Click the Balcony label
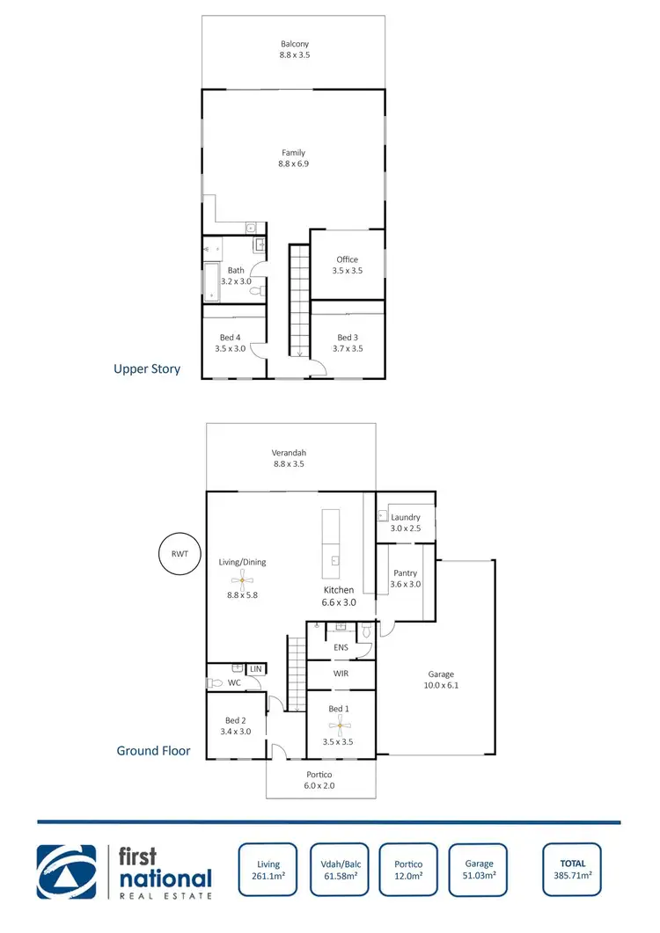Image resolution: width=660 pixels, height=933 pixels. coord(295,49)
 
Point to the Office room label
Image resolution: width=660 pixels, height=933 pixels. coord(347,265)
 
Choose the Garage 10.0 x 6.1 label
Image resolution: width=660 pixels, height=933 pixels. coord(441,681)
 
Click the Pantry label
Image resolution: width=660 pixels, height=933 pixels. coord(406,579)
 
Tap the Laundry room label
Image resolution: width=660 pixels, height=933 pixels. coord(406,522)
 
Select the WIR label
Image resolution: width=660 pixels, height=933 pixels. coord(340,674)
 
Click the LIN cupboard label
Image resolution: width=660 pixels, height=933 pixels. coord(256,670)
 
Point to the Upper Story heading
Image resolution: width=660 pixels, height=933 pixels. coord(147,368)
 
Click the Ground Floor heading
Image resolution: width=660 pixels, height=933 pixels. coord(153,751)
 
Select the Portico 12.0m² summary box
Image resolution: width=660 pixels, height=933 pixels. coord(407,870)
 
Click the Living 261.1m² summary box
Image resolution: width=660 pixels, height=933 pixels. coord(268,870)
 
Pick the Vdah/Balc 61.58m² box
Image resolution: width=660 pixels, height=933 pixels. coord(339,870)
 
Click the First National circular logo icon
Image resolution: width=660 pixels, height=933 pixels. coord(66,871)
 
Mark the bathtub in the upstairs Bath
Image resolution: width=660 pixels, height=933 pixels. coord(211,281)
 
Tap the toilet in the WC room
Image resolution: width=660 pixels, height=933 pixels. coord(214,682)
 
